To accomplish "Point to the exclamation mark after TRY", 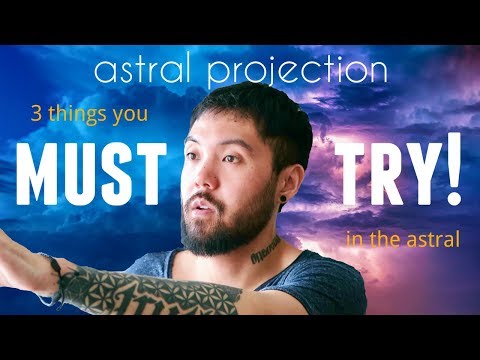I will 453,171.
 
